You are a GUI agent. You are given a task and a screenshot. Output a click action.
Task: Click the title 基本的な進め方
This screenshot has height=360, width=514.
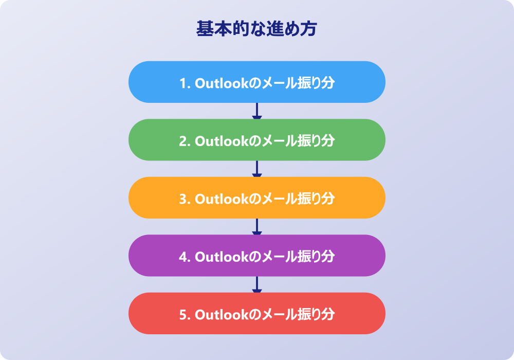(x=256, y=28)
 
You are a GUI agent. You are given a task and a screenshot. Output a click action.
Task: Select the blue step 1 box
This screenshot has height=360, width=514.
(x=256, y=82)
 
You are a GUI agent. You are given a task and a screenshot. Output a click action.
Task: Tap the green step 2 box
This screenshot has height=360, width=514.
(x=256, y=140)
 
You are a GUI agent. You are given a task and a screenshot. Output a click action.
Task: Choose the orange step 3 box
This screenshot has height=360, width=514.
(x=256, y=197)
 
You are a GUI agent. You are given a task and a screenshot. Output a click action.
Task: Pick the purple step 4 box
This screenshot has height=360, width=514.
(x=256, y=256)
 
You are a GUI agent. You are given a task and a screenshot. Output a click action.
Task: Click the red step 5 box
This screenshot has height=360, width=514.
(x=256, y=313)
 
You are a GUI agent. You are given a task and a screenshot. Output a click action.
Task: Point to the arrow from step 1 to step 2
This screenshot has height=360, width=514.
(x=256, y=111)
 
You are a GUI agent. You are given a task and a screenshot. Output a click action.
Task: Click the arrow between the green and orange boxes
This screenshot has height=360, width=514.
(x=256, y=169)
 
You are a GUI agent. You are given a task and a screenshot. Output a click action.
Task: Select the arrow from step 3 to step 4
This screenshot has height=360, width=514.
(x=256, y=227)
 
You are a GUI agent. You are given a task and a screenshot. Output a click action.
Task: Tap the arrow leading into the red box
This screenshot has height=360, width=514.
(x=256, y=284)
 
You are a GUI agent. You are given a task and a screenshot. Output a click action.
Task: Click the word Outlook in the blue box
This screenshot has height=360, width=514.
(x=222, y=83)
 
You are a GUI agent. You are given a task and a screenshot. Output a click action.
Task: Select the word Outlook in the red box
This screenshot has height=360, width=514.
(x=222, y=315)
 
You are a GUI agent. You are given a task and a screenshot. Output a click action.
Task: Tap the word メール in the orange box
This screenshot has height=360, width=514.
(x=273, y=199)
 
